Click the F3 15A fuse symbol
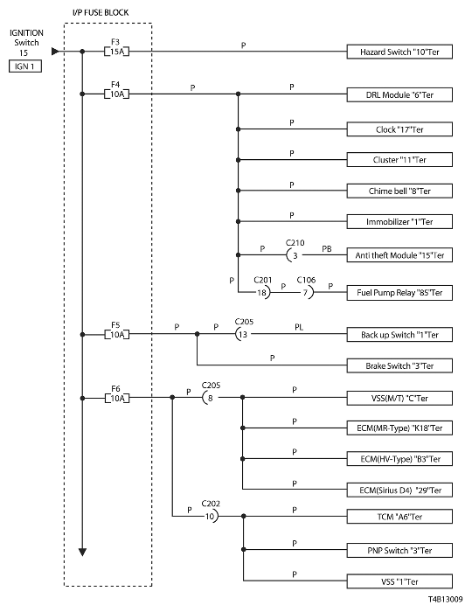click(116, 51)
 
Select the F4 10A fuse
click(116, 94)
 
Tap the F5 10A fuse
click(116, 335)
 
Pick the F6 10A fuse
click(116, 398)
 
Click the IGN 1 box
click(25, 66)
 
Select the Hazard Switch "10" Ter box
click(399, 52)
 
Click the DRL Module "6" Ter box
click(399, 94)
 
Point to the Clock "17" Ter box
click(399, 129)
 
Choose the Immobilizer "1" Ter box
click(399, 222)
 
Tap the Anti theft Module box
click(399, 255)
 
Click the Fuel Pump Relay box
click(399, 293)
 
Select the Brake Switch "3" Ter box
click(399, 365)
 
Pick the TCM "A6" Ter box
click(399, 517)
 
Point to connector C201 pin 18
click(263, 292)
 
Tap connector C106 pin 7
click(308, 292)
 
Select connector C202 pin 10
click(212, 517)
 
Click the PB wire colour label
click(327, 248)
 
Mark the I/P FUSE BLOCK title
click(101, 12)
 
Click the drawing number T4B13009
click(445, 599)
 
